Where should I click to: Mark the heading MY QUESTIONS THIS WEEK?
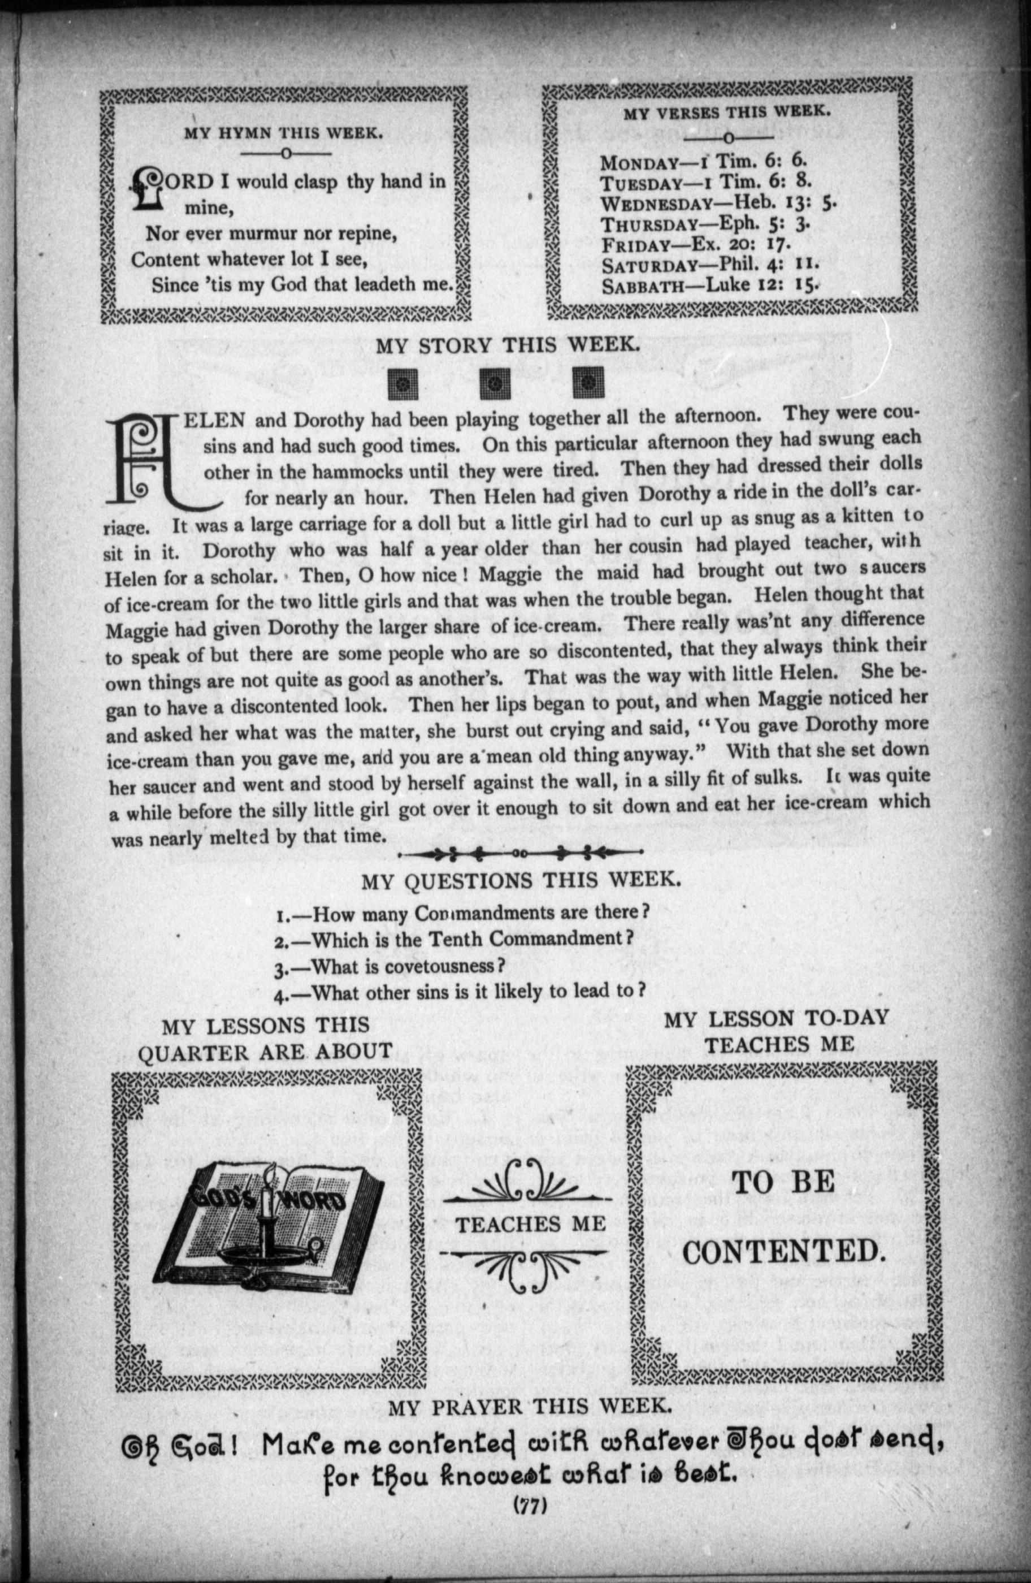(x=521, y=881)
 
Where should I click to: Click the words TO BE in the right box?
(x=783, y=1182)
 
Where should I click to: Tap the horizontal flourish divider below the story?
(x=520, y=853)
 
